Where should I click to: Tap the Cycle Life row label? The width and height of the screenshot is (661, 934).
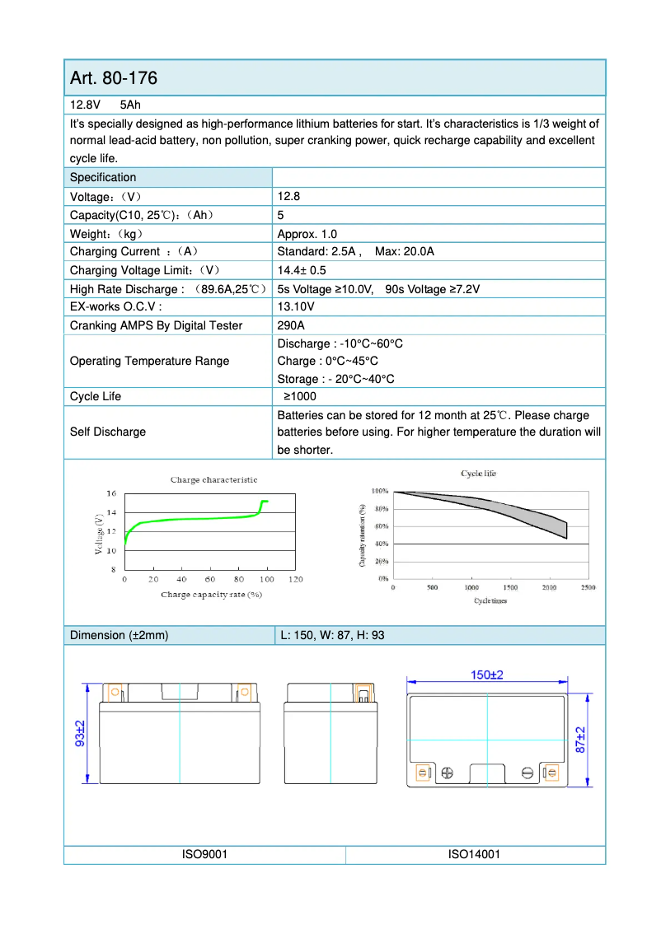click(96, 396)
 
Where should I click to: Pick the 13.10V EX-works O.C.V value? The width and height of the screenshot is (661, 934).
click(296, 307)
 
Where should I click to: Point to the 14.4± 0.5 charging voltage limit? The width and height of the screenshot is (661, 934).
click(302, 270)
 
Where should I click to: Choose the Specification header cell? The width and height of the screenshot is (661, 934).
click(103, 177)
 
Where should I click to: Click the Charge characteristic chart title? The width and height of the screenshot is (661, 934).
click(213, 479)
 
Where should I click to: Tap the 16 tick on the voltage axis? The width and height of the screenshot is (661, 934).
click(111, 493)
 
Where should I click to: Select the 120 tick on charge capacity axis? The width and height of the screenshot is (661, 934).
click(296, 580)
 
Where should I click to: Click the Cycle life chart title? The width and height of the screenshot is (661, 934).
click(478, 474)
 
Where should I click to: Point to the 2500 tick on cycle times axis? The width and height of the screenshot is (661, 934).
click(588, 587)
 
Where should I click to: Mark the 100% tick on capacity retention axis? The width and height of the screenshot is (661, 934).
click(380, 491)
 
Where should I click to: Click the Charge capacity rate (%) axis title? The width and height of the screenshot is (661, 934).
click(211, 594)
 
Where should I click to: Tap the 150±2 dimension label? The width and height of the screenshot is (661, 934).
click(487, 675)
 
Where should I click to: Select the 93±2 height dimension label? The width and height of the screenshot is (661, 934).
click(80, 733)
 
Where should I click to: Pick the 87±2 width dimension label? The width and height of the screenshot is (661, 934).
click(581, 740)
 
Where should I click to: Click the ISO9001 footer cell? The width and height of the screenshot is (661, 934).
click(204, 854)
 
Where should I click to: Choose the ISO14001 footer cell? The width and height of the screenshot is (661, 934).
click(474, 854)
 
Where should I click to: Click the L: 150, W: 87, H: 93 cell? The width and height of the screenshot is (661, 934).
click(328, 635)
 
